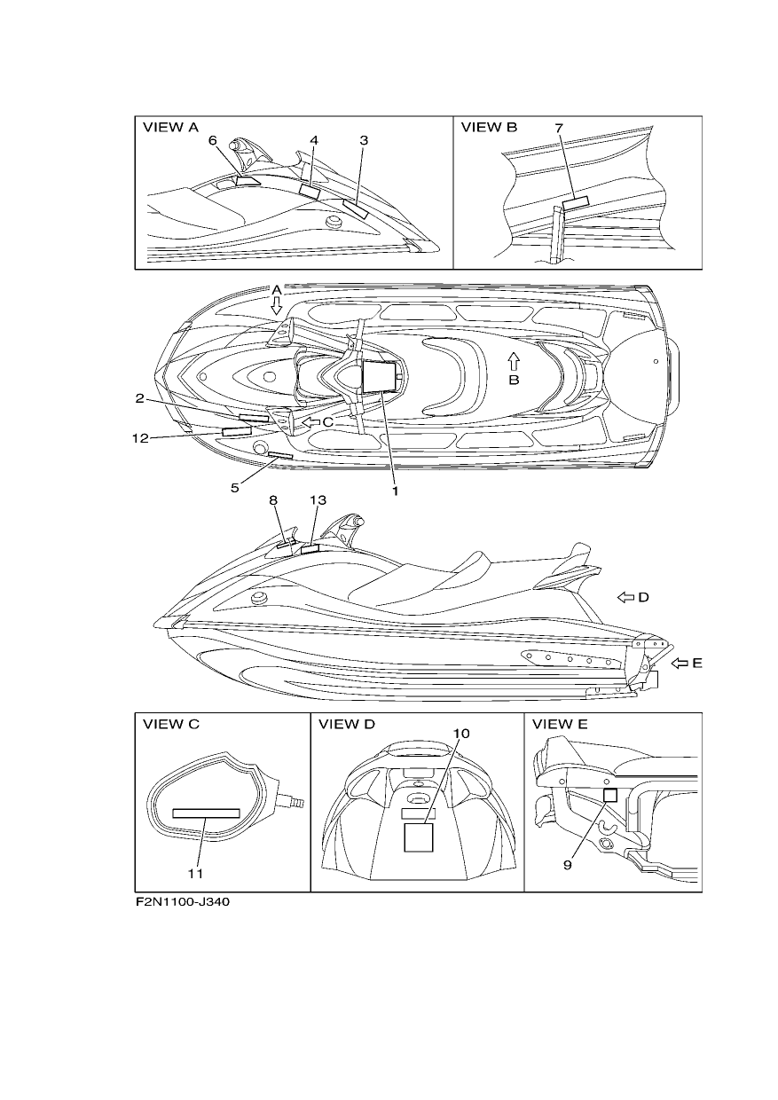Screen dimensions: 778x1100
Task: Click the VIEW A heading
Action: click(x=170, y=128)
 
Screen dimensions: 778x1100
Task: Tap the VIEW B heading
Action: click(x=489, y=128)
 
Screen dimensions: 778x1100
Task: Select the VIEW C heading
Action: click(x=171, y=725)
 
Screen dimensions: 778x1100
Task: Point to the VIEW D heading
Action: click(x=347, y=725)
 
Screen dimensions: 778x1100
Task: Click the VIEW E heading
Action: click(x=560, y=725)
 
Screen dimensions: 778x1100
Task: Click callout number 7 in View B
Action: click(x=559, y=128)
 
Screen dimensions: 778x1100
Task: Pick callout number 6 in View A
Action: click(x=213, y=140)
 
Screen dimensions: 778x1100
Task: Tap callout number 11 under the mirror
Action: click(x=195, y=874)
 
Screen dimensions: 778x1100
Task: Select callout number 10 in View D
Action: click(x=461, y=734)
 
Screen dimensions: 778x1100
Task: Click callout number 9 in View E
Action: click(x=567, y=865)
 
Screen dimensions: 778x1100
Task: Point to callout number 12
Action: click(x=140, y=438)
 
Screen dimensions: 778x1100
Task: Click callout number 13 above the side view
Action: click(x=318, y=500)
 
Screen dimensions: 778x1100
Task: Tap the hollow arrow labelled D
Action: click(x=625, y=597)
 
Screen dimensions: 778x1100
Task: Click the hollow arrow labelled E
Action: click(x=680, y=664)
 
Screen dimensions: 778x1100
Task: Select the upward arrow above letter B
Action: click(x=514, y=362)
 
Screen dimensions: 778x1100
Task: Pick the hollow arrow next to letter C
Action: click(x=310, y=422)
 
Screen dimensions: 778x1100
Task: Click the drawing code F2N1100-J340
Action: click(x=183, y=902)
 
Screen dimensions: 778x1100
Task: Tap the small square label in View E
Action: click(x=610, y=795)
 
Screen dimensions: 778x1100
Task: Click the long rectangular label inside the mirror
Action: click(x=207, y=813)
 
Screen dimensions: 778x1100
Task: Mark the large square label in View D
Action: click(x=419, y=837)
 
